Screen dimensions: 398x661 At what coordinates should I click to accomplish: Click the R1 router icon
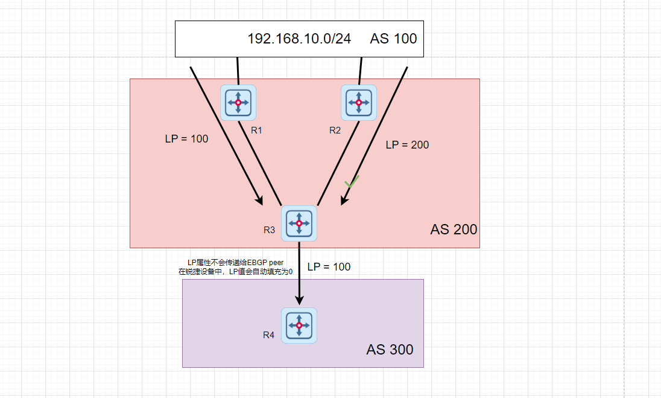pyautogui.click(x=238, y=102)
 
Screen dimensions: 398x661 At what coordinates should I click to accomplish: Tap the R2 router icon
pyautogui.click(x=359, y=102)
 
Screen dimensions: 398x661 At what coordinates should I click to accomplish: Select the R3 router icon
pyautogui.click(x=299, y=223)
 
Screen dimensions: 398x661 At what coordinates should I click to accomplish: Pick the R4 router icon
pyautogui.click(x=299, y=326)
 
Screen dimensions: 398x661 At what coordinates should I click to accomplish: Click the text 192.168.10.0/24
pyautogui.click(x=299, y=39)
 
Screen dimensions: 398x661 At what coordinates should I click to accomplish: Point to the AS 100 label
pyautogui.click(x=393, y=39)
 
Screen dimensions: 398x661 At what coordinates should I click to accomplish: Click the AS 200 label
pyautogui.click(x=454, y=229)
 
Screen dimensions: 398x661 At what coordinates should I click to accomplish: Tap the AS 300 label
pyautogui.click(x=390, y=350)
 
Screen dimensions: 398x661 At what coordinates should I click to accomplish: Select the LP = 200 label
pyautogui.click(x=407, y=145)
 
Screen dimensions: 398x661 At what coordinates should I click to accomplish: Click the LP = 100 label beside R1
pyautogui.click(x=186, y=139)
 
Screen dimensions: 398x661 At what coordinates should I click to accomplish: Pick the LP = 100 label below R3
pyautogui.click(x=329, y=266)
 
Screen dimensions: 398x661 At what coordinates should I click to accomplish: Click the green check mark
pyautogui.click(x=352, y=181)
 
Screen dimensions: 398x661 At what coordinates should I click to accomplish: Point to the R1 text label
pyautogui.click(x=256, y=130)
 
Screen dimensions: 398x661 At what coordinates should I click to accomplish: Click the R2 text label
pyautogui.click(x=335, y=130)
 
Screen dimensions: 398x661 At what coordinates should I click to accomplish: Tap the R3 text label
pyautogui.click(x=269, y=230)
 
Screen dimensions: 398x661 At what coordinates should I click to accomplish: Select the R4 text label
pyautogui.click(x=268, y=335)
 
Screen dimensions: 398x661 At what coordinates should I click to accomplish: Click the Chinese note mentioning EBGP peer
pyautogui.click(x=235, y=267)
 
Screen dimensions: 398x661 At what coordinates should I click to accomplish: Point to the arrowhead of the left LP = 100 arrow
pyautogui.click(x=259, y=200)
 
